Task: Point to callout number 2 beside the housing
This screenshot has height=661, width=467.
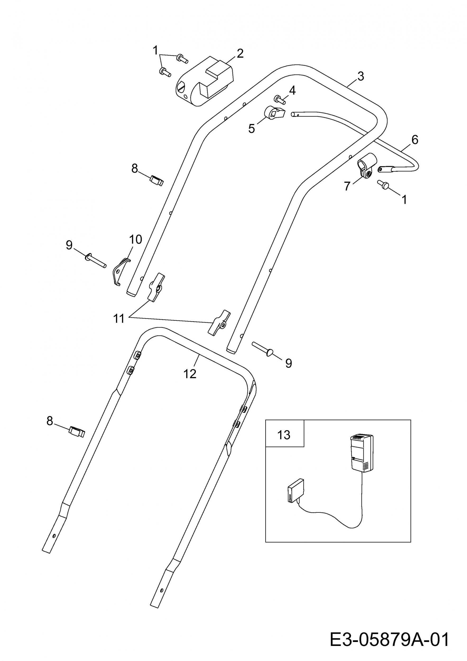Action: pyautogui.click(x=240, y=54)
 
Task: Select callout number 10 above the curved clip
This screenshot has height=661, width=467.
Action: pyautogui.click(x=135, y=239)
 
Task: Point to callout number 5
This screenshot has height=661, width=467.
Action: pyautogui.click(x=252, y=128)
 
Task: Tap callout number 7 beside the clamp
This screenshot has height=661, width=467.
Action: pyautogui.click(x=347, y=186)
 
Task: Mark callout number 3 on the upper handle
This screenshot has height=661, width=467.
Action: pyautogui.click(x=360, y=76)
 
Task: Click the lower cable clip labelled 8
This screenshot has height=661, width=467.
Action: pyautogui.click(x=77, y=432)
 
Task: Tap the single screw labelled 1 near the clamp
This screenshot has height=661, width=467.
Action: pyautogui.click(x=383, y=185)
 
